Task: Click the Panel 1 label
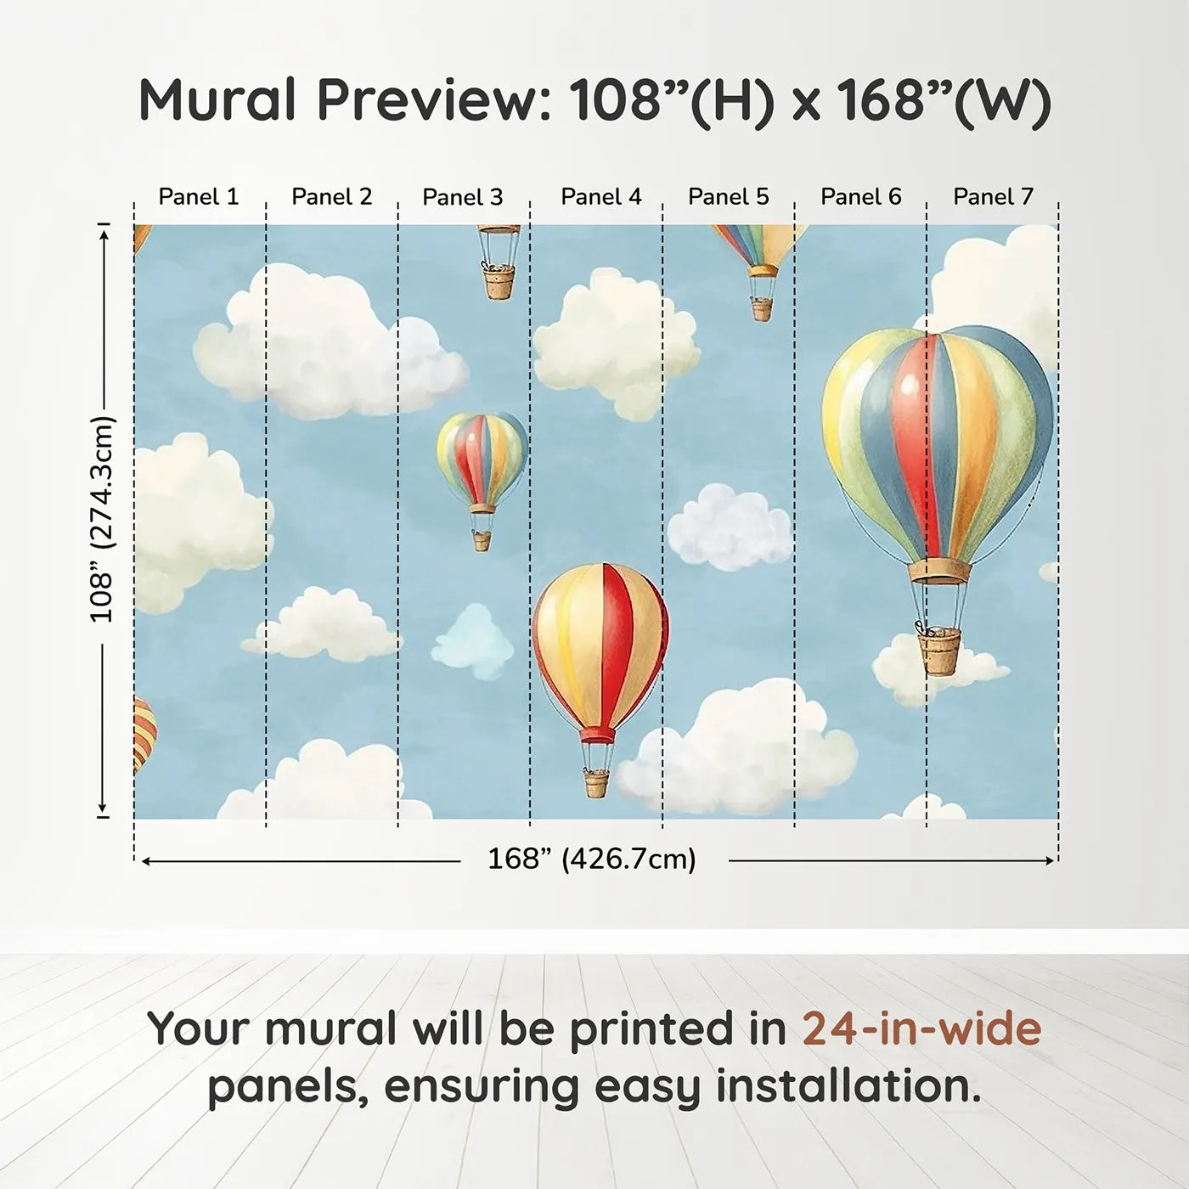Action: (x=198, y=197)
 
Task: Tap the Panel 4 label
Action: (x=601, y=197)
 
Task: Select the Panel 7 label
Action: (x=993, y=197)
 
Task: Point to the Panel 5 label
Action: (x=728, y=197)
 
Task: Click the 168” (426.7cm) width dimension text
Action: (x=592, y=859)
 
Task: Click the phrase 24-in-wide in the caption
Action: (x=921, y=1028)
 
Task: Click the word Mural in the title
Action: (x=217, y=99)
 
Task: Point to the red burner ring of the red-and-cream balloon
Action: (x=597, y=735)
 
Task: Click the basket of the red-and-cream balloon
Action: (x=597, y=783)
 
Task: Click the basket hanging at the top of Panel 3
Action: (x=499, y=281)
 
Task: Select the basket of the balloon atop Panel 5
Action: (x=762, y=309)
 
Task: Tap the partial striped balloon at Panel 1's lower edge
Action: (x=144, y=735)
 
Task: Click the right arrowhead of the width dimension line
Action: (x=1051, y=860)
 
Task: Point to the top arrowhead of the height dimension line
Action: (x=105, y=234)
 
